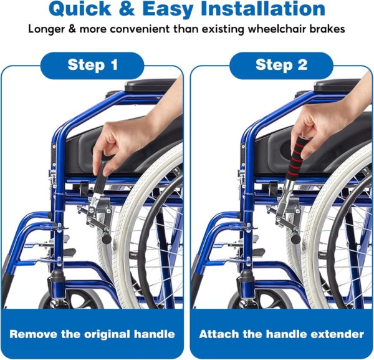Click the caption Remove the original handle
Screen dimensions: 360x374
(92, 334)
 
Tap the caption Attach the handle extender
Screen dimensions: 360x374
(281, 334)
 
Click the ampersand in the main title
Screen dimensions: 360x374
(140, 9)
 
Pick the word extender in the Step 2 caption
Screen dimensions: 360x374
(340, 334)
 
